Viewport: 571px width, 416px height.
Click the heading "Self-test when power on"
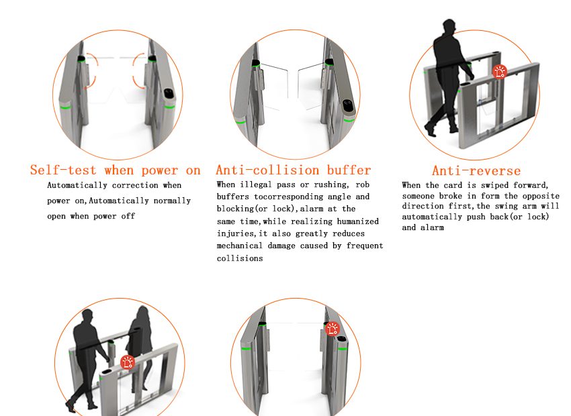[116, 170]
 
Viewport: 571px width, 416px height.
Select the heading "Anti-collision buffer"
[293, 170]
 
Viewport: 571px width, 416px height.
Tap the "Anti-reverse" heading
[476, 170]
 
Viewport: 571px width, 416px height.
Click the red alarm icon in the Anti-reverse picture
[500, 72]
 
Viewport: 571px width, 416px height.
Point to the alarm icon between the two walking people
[128, 362]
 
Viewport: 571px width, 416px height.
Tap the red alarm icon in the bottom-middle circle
[333, 329]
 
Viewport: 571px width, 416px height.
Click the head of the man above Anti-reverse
[449, 27]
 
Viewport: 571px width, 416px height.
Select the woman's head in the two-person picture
[142, 313]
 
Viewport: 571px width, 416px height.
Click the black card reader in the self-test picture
[169, 93]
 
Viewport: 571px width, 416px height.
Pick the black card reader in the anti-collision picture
[348, 106]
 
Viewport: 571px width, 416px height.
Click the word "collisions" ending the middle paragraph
[240, 258]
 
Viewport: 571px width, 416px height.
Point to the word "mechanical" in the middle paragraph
[239, 246]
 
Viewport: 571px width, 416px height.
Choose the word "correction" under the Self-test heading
[135, 185]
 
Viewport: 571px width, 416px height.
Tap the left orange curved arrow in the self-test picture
[91, 70]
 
